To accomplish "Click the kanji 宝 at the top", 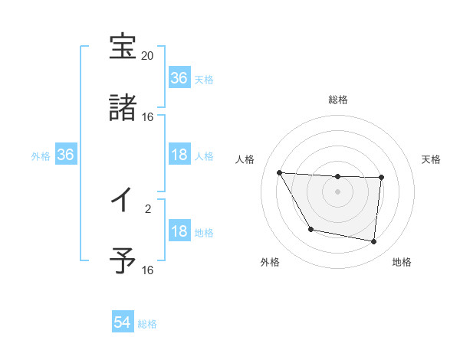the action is [x=123, y=47].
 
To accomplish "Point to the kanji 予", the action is [x=123, y=260].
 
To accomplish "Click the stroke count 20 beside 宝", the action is [x=148, y=56].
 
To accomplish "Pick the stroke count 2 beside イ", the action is [x=148, y=208].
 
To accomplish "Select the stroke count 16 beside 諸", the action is [x=148, y=117].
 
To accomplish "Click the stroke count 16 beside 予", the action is [x=148, y=270].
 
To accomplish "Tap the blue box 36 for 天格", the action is [x=179, y=78].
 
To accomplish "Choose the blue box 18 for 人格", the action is [x=179, y=155].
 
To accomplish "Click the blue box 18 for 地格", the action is [x=179, y=231].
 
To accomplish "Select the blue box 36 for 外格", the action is [x=65, y=155].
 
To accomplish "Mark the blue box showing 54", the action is [x=122, y=323].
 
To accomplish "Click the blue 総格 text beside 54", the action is [x=147, y=324].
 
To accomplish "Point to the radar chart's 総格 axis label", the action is [x=338, y=100].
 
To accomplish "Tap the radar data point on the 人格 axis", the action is [x=279, y=172].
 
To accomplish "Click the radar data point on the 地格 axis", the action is [x=374, y=241].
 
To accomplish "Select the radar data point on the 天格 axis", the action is [x=381, y=178].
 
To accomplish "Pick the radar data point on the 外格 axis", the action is [x=310, y=229].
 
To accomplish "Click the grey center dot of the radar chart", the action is [x=338, y=191].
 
